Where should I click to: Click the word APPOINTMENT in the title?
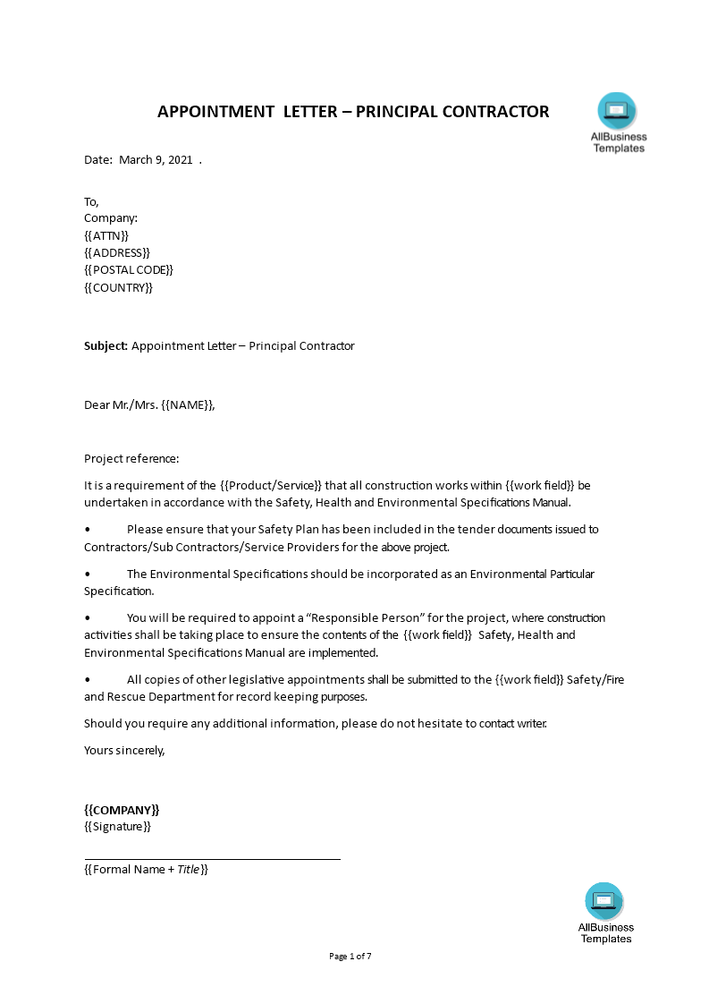click(215, 112)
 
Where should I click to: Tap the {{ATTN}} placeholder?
click(106, 235)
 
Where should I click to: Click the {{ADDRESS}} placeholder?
click(117, 252)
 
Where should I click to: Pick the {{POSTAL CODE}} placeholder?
click(129, 269)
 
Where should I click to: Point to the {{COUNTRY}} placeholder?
click(118, 287)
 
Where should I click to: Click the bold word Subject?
click(106, 345)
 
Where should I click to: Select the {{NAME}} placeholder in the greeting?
click(188, 404)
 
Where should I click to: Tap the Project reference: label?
click(131, 459)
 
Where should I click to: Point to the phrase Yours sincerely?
click(124, 750)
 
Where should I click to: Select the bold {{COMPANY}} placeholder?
click(122, 809)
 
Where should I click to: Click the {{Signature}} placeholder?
click(117, 826)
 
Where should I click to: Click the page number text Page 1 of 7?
click(350, 956)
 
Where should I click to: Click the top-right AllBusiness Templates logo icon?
click(617, 112)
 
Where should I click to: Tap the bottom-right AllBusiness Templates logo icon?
click(604, 901)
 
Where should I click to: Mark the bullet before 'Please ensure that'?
click(88, 530)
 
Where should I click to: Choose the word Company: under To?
click(111, 217)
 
